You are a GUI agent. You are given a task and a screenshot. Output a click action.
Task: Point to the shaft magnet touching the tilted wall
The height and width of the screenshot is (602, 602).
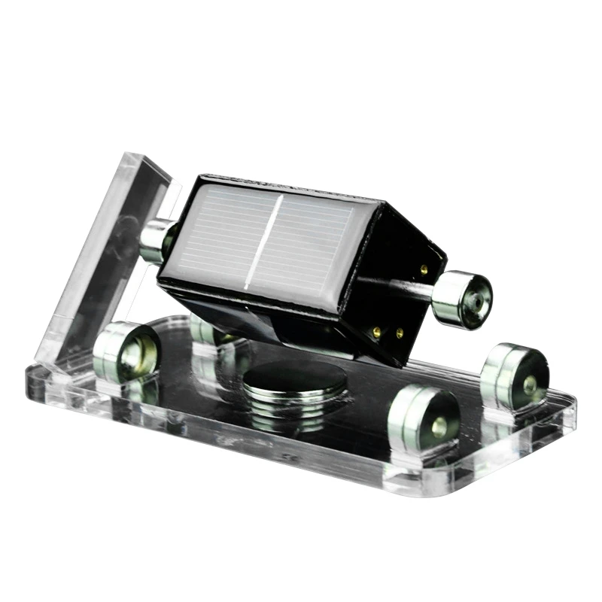[154, 239]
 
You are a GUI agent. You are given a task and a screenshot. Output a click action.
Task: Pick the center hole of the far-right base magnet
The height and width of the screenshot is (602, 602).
[530, 383]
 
